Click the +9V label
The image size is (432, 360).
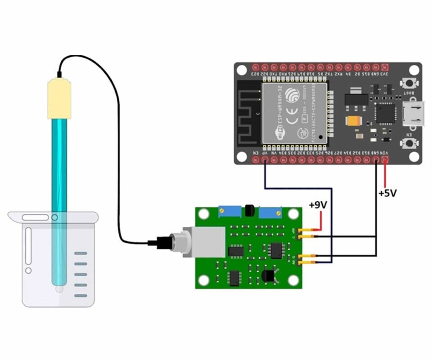coord(318,205)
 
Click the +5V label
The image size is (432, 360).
coord(387,193)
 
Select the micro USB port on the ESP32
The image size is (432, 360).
coord(414,113)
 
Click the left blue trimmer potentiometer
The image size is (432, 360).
coord(227,211)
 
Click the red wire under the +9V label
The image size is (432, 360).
coord(320,221)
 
